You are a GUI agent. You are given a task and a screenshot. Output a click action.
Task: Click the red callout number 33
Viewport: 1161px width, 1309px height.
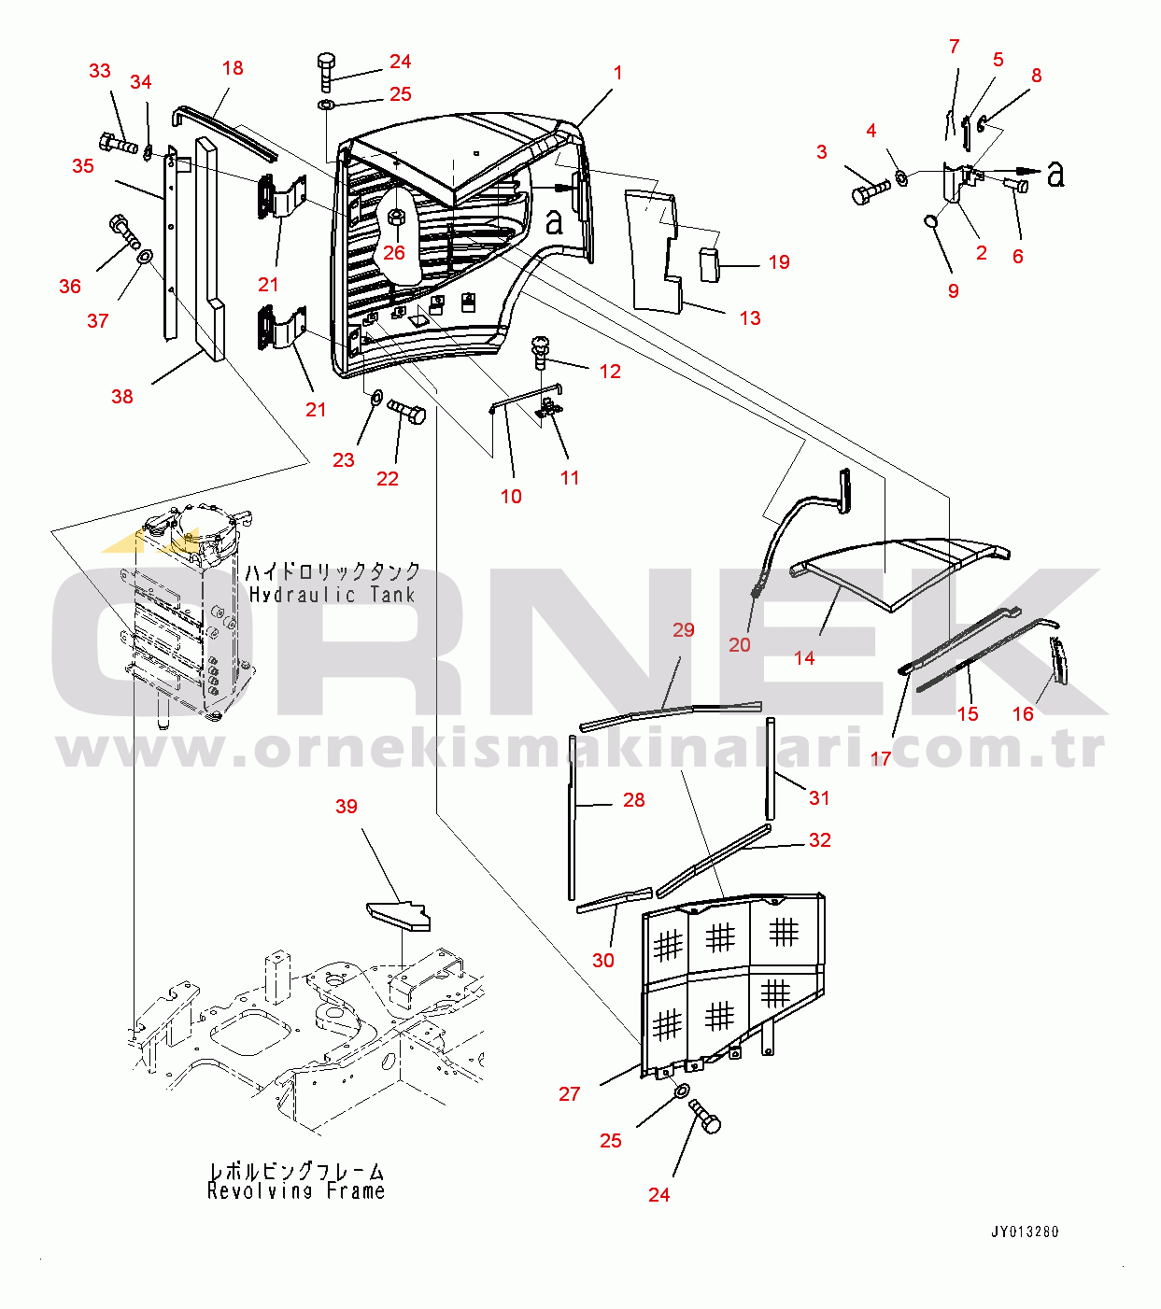click(x=100, y=71)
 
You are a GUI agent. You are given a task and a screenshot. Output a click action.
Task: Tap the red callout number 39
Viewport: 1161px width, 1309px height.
click(x=347, y=807)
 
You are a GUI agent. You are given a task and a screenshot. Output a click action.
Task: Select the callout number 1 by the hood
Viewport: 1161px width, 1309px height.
click(x=618, y=73)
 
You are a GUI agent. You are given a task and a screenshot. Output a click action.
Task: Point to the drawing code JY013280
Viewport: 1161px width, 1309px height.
click(x=1026, y=1232)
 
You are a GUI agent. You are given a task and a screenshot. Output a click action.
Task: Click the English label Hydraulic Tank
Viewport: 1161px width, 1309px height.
click(x=332, y=595)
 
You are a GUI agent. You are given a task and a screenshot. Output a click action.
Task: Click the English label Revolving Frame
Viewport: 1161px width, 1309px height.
click(x=296, y=1190)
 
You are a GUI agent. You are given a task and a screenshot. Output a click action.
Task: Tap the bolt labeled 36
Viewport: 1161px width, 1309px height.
click(x=125, y=232)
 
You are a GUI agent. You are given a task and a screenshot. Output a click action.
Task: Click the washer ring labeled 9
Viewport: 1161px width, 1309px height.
click(x=931, y=221)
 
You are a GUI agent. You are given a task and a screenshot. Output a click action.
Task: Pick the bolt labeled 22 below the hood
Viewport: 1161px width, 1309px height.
click(x=406, y=411)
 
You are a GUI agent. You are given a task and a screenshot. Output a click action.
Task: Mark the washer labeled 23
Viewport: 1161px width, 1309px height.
click(x=375, y=397)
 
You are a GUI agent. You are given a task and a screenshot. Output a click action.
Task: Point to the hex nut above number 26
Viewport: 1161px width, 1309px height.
click(x=396, y=217)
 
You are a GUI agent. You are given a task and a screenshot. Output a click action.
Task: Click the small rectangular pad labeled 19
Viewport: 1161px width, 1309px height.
click(x=710, y=263)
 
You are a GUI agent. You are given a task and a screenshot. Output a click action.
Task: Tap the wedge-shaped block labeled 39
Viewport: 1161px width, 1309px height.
click(x=399, y=916)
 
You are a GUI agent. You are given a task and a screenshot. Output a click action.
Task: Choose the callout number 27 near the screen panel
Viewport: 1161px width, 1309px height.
click(x=570, y=1094)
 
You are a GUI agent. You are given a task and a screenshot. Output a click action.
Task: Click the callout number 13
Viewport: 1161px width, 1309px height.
click(x=750, y=318)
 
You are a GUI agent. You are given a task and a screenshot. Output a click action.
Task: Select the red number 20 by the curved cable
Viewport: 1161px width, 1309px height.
click(x=740, y=645)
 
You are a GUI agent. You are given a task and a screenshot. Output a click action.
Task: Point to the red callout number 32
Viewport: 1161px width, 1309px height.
click(x=820, y=840)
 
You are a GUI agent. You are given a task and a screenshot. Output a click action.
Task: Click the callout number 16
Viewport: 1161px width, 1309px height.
click(x=1023, y=714)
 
